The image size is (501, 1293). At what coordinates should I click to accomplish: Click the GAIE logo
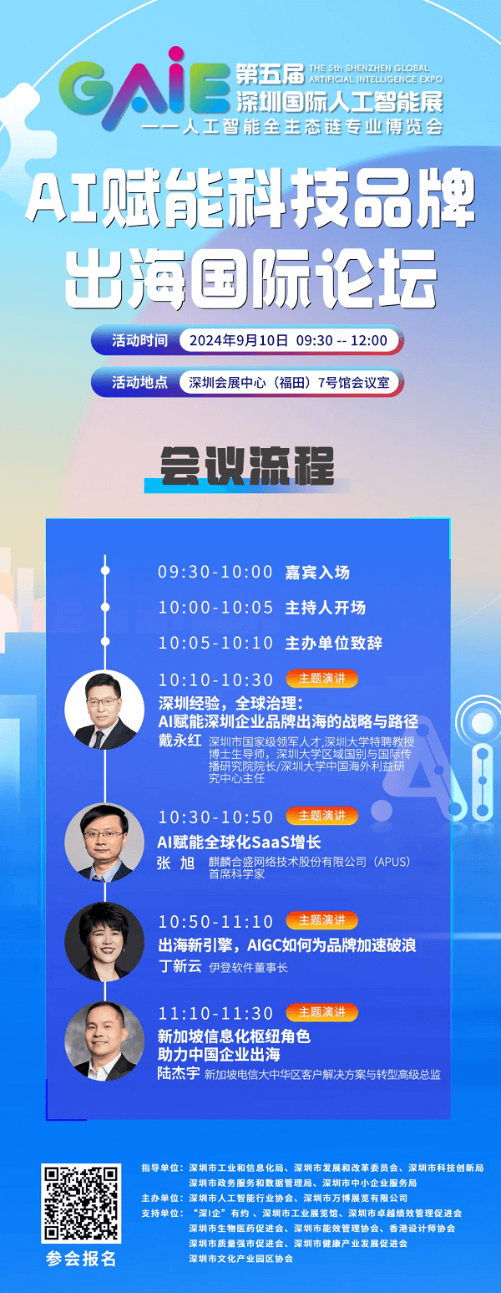144,89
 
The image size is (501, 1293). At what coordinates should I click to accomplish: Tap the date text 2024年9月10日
238,340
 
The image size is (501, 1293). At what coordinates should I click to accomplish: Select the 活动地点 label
139,382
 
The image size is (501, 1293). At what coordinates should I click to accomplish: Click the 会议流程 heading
247,466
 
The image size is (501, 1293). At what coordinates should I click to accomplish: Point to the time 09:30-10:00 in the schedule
215,572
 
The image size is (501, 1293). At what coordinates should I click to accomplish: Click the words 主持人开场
325,608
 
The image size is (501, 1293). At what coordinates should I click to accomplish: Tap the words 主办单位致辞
333,643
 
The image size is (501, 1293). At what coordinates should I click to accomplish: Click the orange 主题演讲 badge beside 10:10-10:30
321,678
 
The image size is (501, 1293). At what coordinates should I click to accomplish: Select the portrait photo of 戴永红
104,710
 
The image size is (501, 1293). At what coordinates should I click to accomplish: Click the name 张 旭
176,863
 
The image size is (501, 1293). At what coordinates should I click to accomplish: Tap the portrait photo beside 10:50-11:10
104,941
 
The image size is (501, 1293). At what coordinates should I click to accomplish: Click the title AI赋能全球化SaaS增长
240,842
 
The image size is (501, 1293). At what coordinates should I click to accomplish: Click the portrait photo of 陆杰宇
104,1041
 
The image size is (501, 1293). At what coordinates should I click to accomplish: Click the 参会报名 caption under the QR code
81,1259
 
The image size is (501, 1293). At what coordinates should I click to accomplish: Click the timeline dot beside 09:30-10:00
105,570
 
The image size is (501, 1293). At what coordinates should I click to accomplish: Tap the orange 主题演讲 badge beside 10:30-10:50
321,816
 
